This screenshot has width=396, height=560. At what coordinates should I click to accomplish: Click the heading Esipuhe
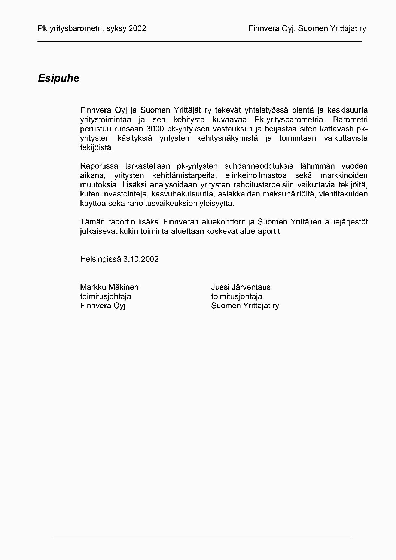(x=58, y=79)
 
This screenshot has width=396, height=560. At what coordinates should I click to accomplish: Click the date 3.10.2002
(x=141, y=259)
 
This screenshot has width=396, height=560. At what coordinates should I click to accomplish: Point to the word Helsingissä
(x=100, y=259)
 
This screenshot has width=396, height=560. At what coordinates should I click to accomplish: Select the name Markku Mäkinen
(x=109, y=287)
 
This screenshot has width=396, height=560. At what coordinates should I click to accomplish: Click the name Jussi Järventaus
(x=241, y=287)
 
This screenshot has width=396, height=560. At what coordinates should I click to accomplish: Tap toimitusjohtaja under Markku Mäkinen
(x=106, y=297)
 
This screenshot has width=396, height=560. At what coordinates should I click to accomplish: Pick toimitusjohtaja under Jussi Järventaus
(x=237, y=297)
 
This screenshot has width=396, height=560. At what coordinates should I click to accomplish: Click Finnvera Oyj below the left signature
(x=103, y=306)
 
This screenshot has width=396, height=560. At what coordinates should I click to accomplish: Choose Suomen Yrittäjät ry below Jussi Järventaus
(x=245, y=306)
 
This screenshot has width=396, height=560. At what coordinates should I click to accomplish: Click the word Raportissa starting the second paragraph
(x=99, y=166)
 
